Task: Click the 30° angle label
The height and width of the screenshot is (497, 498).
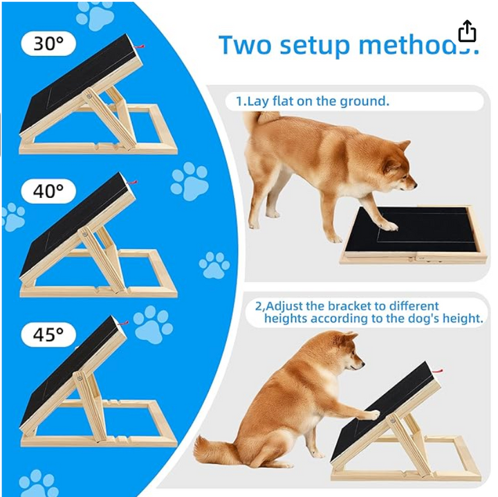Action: click(x=48, y=44)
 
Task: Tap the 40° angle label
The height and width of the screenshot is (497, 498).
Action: click(x=48, y=191)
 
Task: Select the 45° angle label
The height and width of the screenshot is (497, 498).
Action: click(x=48, y=334)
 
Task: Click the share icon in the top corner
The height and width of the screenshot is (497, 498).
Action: click(x=467, y=31)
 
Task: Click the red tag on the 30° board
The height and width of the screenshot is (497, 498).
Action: click(x=140, y=47)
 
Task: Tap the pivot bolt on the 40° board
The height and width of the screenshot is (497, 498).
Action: click(x=85, y=234)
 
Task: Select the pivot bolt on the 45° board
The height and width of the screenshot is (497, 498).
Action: click(x=80, y=378)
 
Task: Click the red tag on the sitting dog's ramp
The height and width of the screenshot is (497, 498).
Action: click(x=438, y=371)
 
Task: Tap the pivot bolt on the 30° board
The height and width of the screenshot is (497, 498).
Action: click(x=89, y=96)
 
